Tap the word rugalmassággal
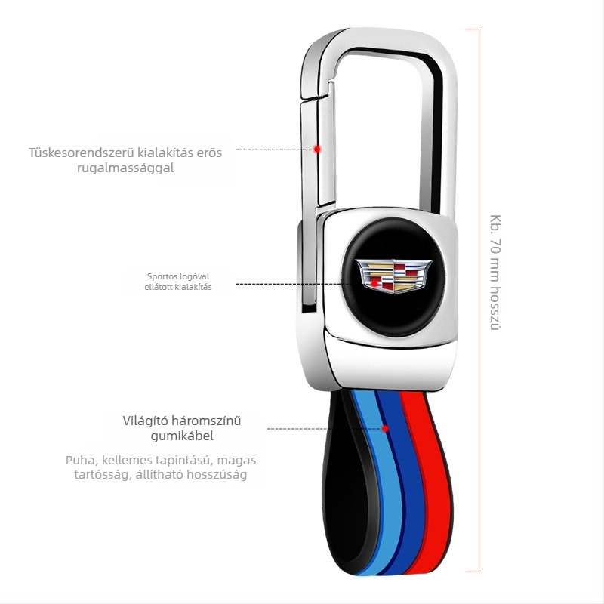tap(125, 168)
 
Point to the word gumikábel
tap(182, 436)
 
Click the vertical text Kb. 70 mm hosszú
tap(495, 272)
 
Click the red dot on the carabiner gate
tap(317, 149)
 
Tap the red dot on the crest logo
tap(374, 284)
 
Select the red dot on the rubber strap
tap(385, 429)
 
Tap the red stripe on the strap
tap(430, 482)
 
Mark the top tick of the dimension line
tap(473, 29)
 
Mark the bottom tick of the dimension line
tap(473, 572)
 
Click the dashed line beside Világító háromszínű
tap(325, 429)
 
